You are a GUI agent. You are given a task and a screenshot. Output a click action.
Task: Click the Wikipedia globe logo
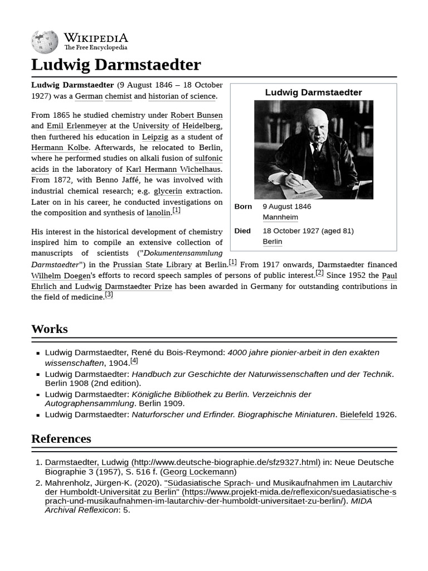click(45, 42)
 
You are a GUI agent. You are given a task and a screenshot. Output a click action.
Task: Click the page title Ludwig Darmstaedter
click(116, 65)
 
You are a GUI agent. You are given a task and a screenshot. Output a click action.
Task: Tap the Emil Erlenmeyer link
click(76, 126)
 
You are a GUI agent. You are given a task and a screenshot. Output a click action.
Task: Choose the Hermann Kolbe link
click(60, 148)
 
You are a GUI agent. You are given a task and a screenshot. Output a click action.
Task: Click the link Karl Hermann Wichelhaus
click(173, 170)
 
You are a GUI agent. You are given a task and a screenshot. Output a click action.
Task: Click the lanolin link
click(158, 213)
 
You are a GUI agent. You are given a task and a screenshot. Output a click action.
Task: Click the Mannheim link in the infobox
click(280, 217)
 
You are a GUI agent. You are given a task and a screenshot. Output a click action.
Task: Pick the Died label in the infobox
click(242, 231)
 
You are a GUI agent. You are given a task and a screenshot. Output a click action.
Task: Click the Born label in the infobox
click(243, 206)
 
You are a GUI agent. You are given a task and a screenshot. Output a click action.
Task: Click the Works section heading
click(50, 329)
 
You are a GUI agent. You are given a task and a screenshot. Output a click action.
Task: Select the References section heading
click(61, 439)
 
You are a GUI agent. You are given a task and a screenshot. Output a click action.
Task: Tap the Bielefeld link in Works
click(356, 415)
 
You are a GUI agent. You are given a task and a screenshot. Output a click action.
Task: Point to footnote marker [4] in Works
click(134, 361)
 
